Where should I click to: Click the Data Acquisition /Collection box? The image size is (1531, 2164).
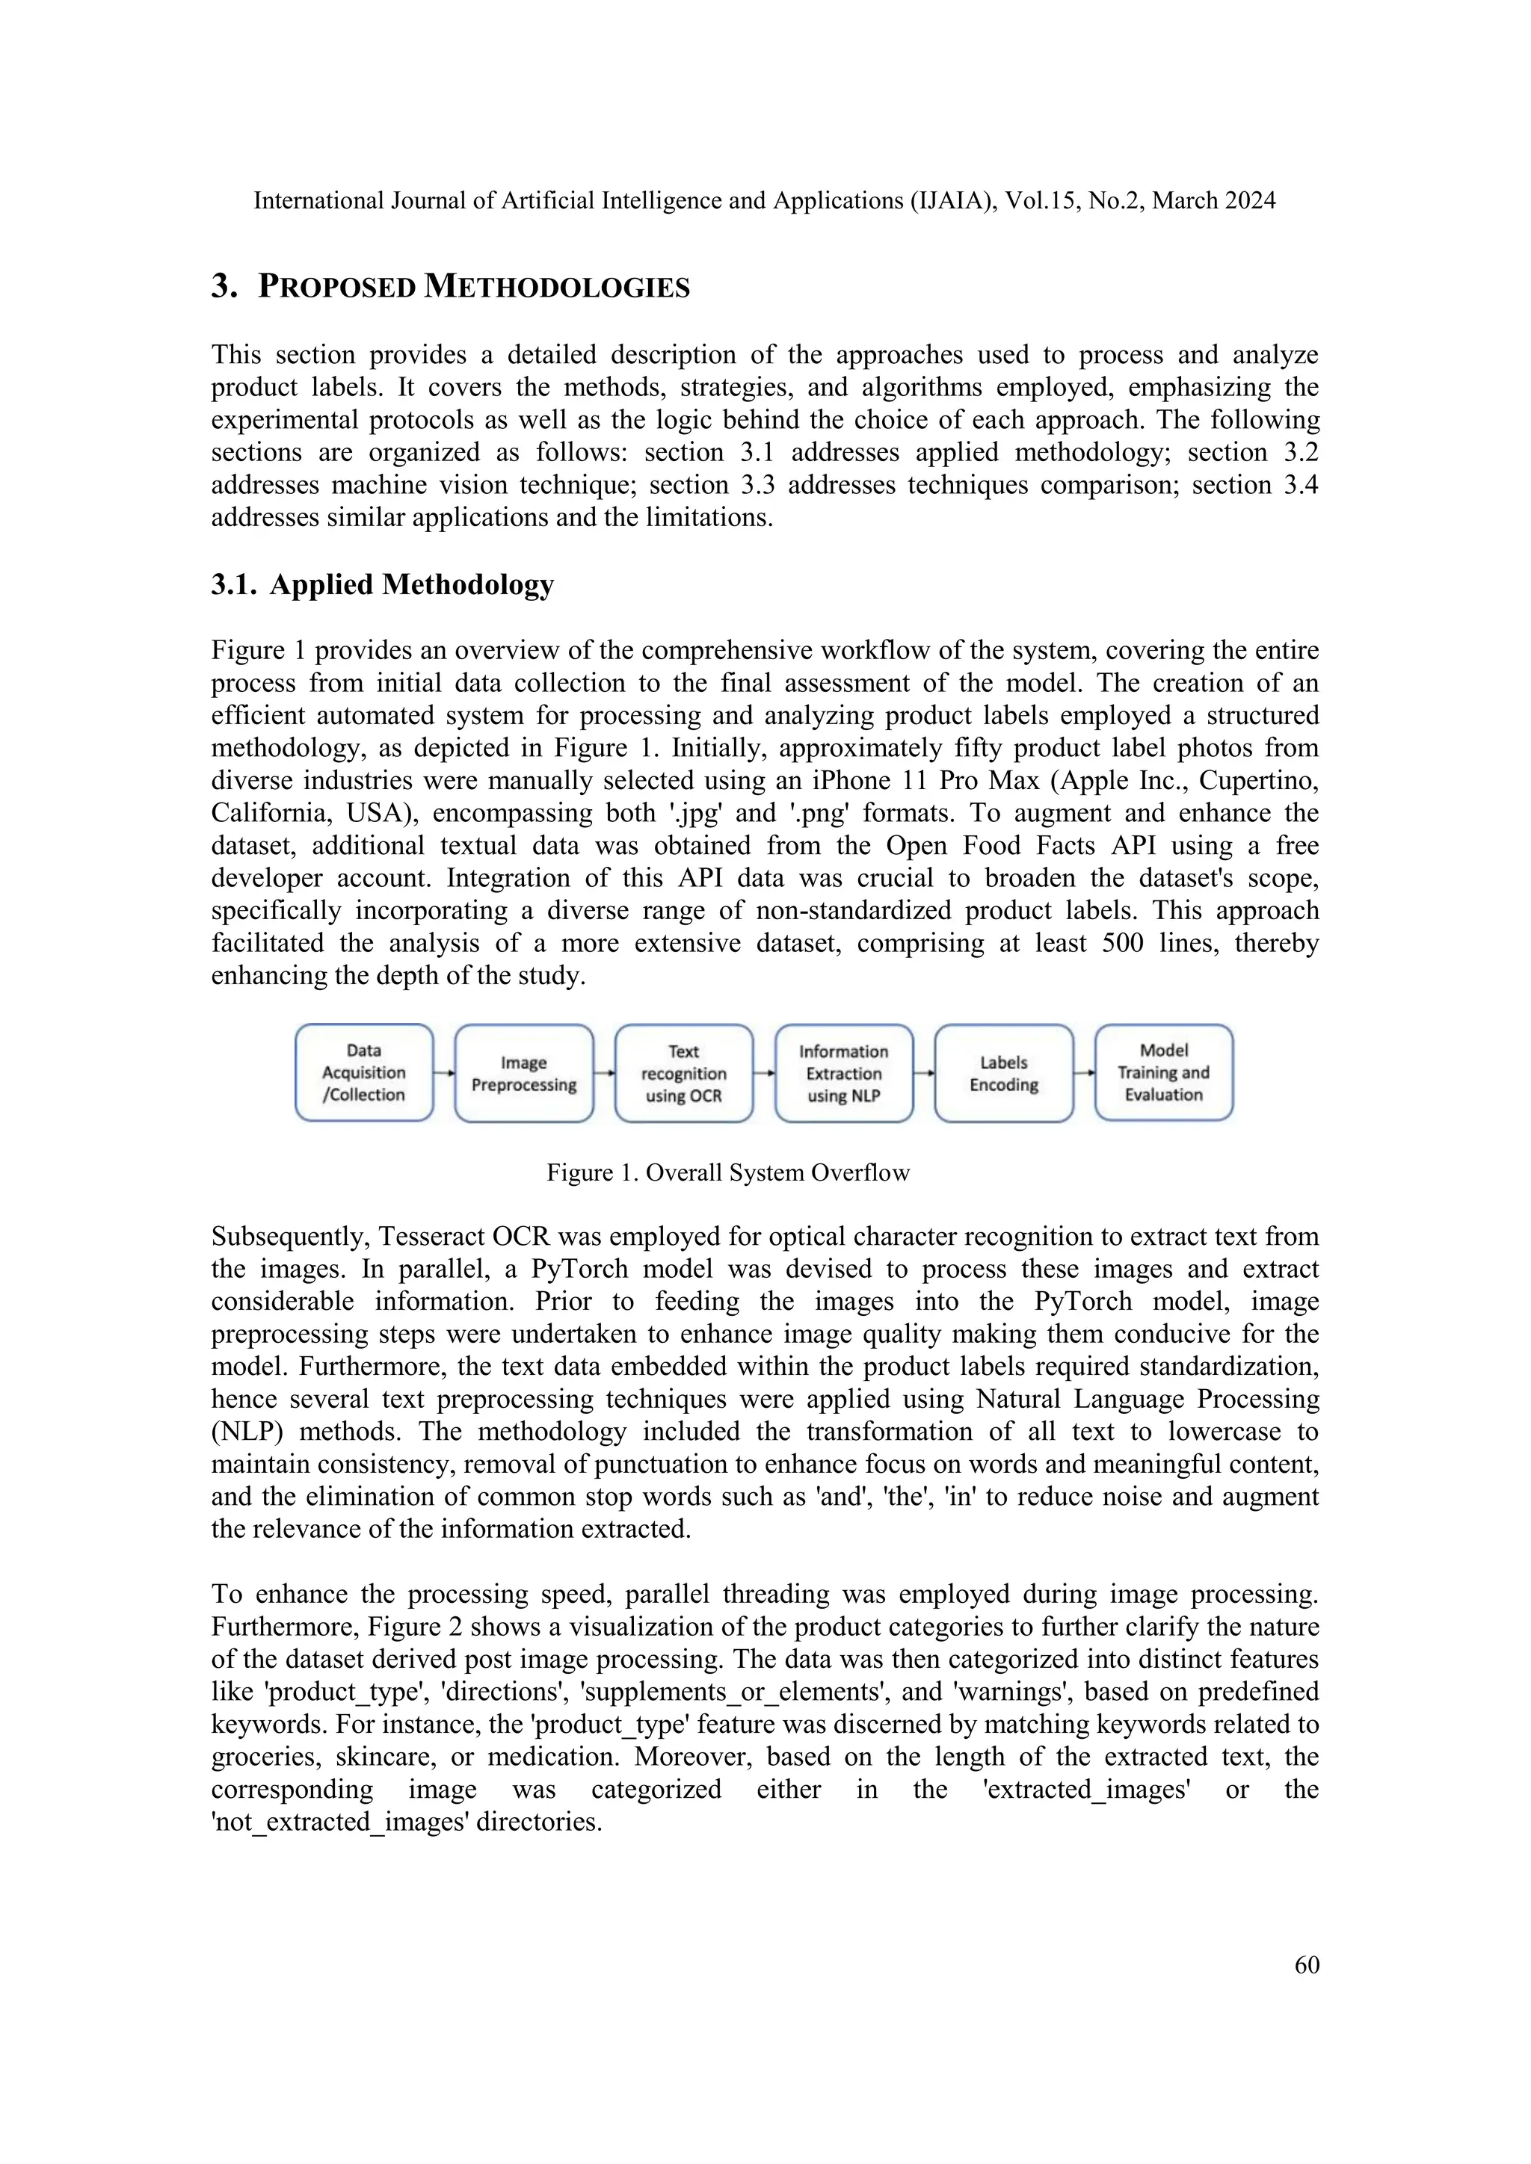[364, 1072]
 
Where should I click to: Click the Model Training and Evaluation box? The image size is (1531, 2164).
[1163, 1072]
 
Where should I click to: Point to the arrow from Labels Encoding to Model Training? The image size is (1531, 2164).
[1084, 1072]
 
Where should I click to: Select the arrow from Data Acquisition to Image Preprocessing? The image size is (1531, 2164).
[444, 1072]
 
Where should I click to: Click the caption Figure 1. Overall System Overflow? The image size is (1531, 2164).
[728, 1172]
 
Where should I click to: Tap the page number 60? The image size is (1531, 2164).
[1307, 1964]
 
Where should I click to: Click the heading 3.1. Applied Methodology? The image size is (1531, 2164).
[383, 584]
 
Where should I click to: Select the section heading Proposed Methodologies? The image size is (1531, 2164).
[474, 286]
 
